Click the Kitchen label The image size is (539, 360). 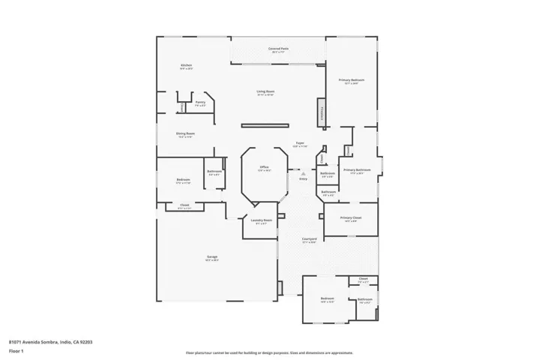click(x=186, y=66)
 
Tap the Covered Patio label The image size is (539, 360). click(x=279, y=49)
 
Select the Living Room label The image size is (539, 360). click(x=265, y=92)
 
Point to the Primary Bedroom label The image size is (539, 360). click(x=351, y=81)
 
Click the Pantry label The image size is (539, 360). click(x=200, y=103)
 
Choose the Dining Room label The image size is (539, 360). click(x=186, y=135)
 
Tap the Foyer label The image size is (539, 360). click(x=299, y=143)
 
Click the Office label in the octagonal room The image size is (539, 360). click(x=264, y=168)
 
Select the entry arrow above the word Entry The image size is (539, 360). click(x=303, y=173)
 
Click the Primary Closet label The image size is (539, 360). click(x=350, y=219)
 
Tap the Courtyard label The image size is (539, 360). click(x=308, y=241)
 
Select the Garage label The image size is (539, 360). click(x=212, y=258)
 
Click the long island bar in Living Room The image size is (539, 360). click(x=265, y=125)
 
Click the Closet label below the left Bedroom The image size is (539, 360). click(x=184, y=206)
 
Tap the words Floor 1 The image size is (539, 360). click(x=16, y=350)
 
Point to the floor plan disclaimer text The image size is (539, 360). click(x=269, y=352)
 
